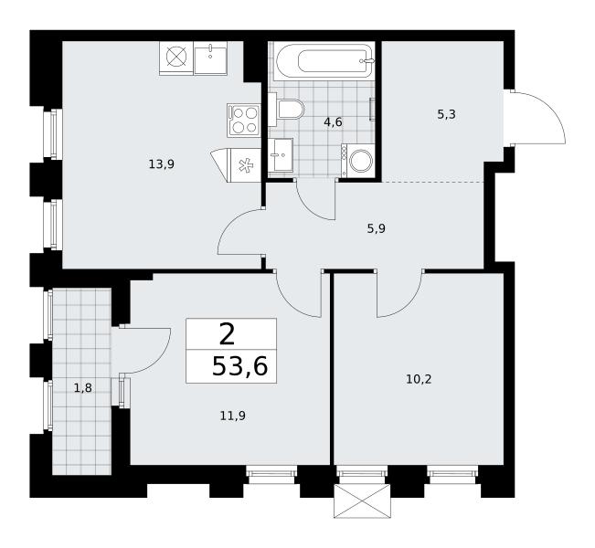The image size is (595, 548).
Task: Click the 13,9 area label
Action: click(x=162, y=164)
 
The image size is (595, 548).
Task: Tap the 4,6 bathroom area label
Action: click(x=334, y=122)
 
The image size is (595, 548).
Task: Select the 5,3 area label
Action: click(x=446, y=114)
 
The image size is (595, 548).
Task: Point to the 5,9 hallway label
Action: click(x=376, y=228)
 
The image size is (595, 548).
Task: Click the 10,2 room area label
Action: click(x=419, y=379)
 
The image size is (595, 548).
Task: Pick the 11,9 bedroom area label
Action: click(x=233, y=416)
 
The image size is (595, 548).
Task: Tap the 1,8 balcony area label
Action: click(x=83, y=388)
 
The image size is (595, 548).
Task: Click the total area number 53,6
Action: click(x=239, y=367)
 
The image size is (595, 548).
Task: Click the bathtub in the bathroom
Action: click(x=324, y=61)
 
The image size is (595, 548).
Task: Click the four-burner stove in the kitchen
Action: click(x=244, y=120)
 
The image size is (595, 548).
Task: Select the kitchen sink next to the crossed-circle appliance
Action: click(x=210, y=58)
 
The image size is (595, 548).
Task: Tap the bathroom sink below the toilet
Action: click(x=281, y=154)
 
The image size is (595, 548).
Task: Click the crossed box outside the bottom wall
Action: click(x=362, y=501)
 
